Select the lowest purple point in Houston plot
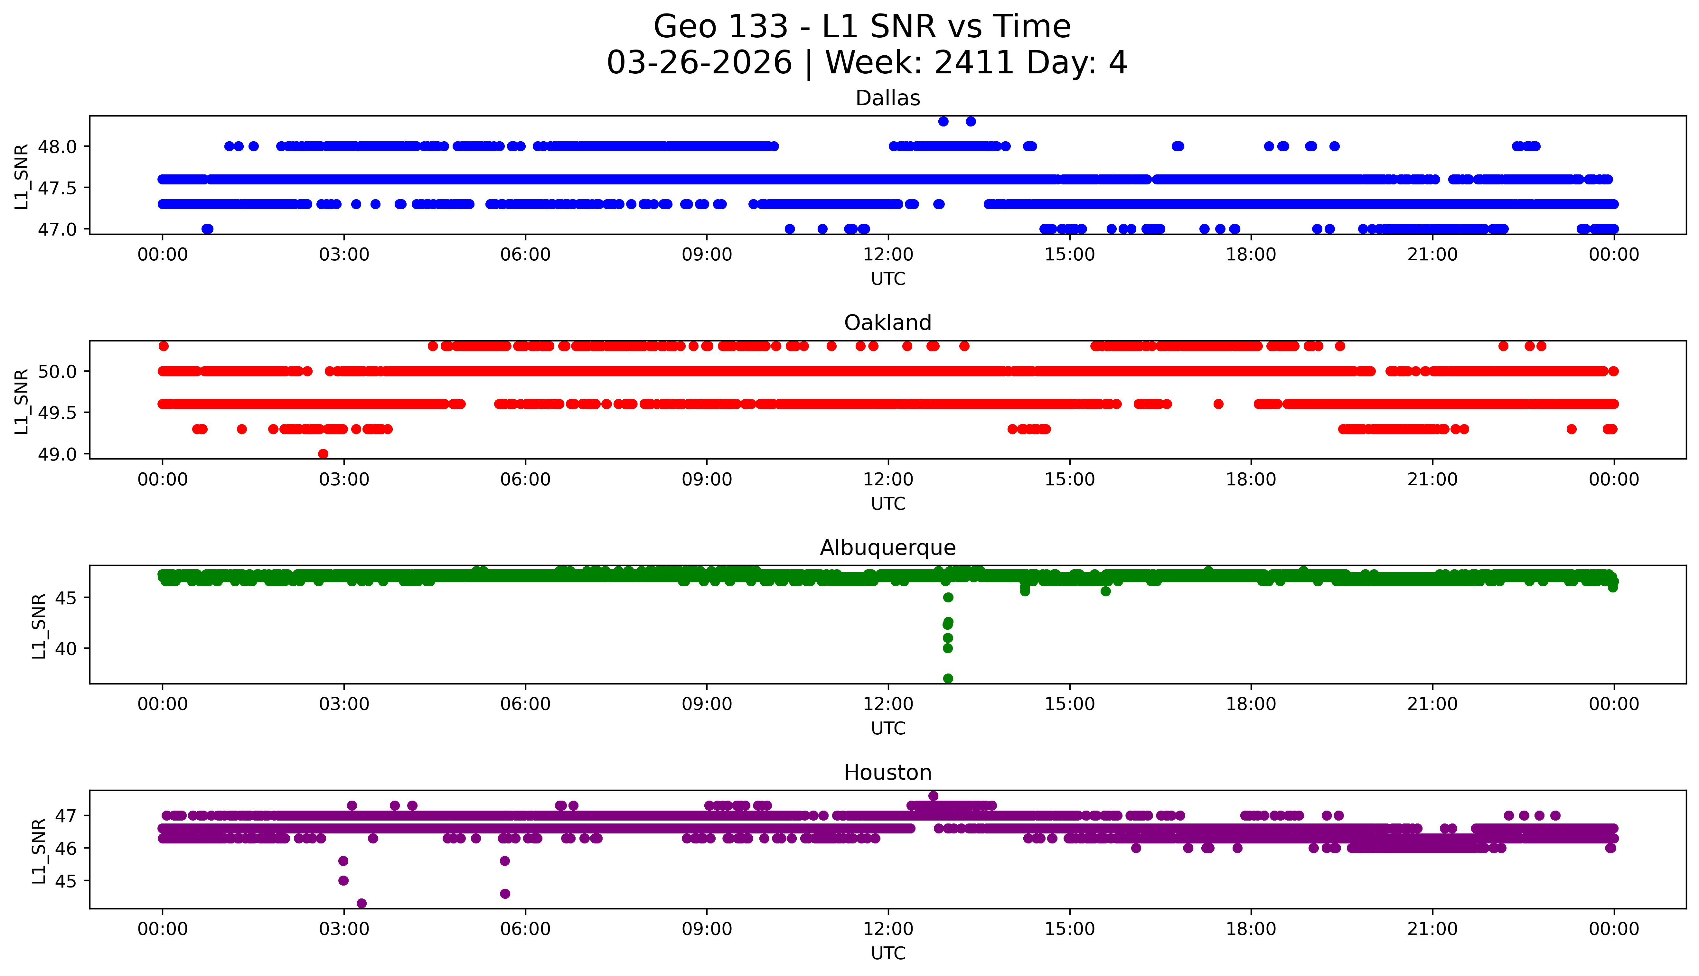[361, 903]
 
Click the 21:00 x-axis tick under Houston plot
[1432, 929]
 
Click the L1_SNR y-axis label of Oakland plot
[22, 401]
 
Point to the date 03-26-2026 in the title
[699, 63]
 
